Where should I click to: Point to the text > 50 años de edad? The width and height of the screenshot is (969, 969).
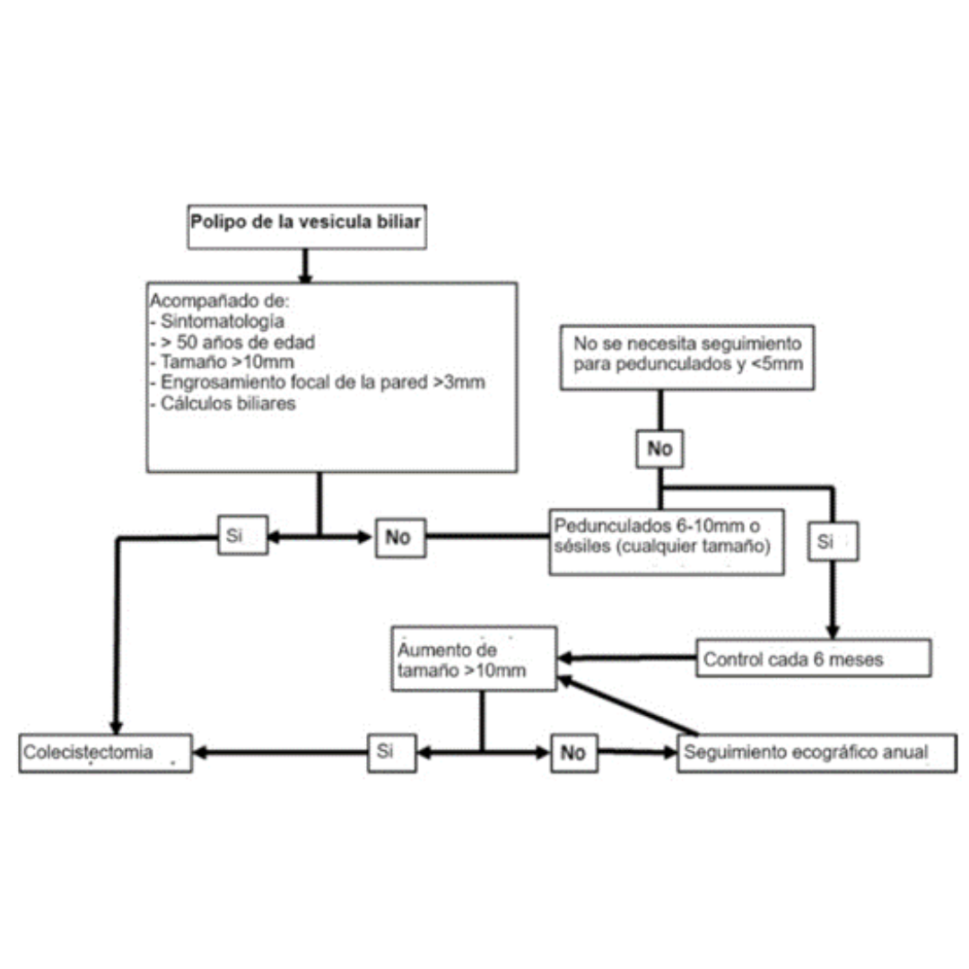point(232,342)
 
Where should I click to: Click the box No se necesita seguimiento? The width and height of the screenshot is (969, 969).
point(688,356)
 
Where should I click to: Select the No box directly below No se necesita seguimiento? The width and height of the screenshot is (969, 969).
point(659,449)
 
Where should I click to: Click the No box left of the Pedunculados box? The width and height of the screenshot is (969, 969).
point(398,537)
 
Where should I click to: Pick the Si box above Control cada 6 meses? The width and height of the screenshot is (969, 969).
point(834,541)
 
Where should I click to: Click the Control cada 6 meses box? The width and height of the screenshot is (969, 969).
point(813,659)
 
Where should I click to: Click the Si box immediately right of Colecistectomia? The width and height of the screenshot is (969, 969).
point(392,752)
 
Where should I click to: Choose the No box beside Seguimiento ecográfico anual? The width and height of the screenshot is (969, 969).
point(573,752)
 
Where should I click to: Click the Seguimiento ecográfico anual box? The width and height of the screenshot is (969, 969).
point(816,752)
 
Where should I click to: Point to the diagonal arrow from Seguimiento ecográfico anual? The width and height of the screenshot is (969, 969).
point(628,706)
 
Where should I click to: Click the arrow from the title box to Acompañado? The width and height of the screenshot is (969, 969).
point(305,265)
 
